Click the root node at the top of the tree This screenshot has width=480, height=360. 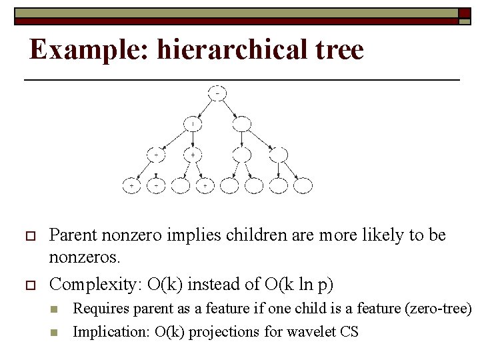(x=217, y=93)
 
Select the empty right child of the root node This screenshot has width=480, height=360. (x=242, y=124)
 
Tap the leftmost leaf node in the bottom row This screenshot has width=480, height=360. (x=131, y=185)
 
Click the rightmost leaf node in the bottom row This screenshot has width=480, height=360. (x=303, y=185)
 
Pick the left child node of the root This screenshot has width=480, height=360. (x=193, y=124)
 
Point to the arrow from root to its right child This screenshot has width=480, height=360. (x=231, y=109)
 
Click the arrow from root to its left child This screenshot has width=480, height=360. (x=205, y=109)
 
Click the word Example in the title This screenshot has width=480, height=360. (x=90, y=50)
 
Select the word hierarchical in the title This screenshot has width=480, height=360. (x=235, y=50)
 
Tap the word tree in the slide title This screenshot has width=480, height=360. (x=341, y=50)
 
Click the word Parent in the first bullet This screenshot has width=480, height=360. (x=74, y=235)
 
